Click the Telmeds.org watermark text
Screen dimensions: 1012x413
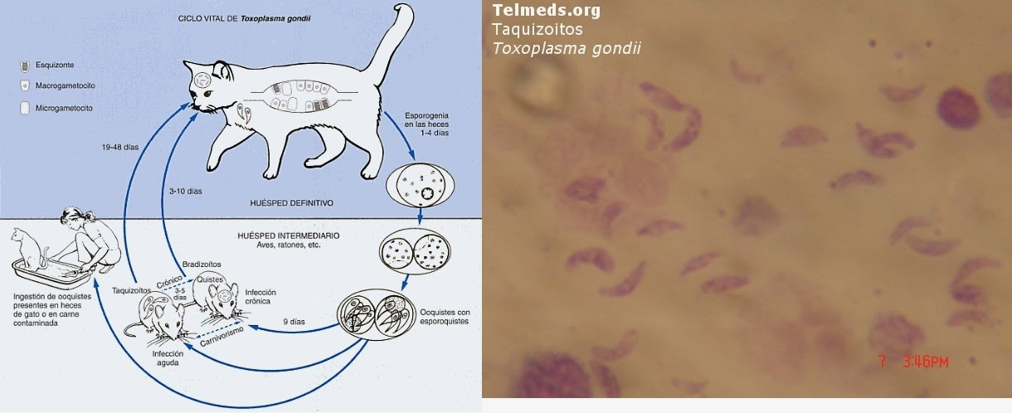pos(546,11)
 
